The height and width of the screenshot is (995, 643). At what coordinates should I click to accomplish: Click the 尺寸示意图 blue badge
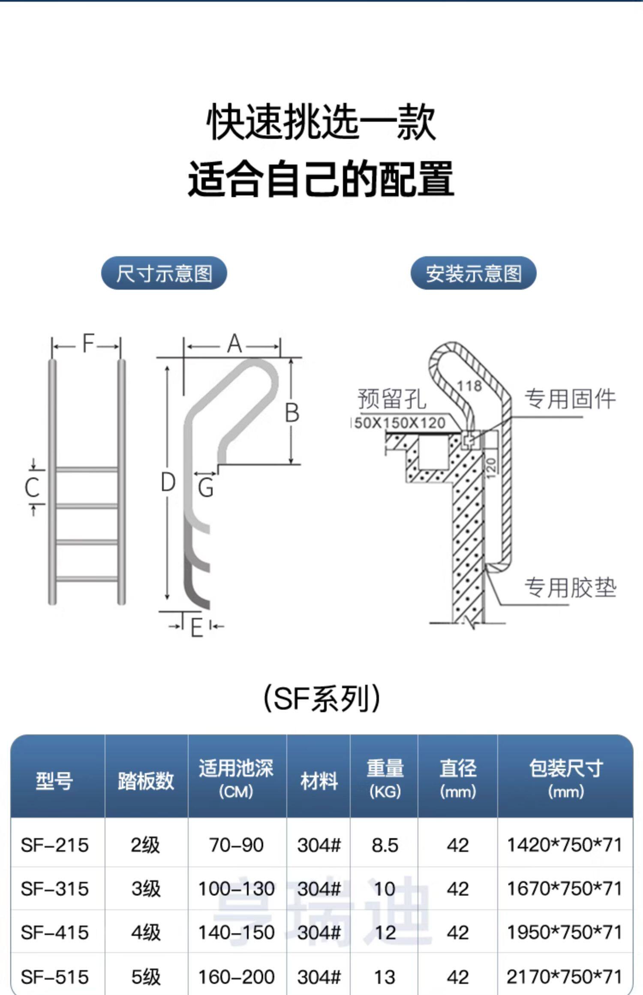tap(164, 273)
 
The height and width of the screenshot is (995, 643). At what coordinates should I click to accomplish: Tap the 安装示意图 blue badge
tap(473, 273)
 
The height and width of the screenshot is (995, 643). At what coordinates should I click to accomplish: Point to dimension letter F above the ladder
tap(88, 343)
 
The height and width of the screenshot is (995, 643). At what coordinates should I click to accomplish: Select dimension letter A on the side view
tap(234, 344)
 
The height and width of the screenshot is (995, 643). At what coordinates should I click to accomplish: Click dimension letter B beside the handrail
tap(292, 413)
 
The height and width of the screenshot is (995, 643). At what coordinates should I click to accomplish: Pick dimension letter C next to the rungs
tap(32, 488)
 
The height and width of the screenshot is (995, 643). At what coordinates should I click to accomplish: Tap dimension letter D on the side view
tap(168, 482)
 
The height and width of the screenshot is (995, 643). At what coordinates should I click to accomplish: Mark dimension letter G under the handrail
tap(206, 488)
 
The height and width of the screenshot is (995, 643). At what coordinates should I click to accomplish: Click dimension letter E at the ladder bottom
tap(196, 629)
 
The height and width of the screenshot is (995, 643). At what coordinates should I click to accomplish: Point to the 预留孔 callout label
tap(392, 399)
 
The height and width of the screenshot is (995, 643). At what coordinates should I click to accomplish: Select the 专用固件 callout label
tap(570, 399)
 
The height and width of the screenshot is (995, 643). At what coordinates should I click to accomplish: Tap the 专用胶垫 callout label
tap(570, 587)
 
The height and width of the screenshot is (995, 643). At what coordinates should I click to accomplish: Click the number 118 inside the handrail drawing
tap(469, 386)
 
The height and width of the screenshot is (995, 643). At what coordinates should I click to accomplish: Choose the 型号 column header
tap(54, 780)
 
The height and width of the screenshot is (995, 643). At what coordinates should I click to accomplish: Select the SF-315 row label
tap(54, 889)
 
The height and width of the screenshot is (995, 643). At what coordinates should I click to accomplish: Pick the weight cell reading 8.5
tap(385, 845)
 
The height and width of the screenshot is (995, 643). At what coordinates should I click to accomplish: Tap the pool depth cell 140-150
tap(236, 932)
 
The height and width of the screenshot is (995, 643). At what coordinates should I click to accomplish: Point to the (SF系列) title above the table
tap(321, 698)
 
